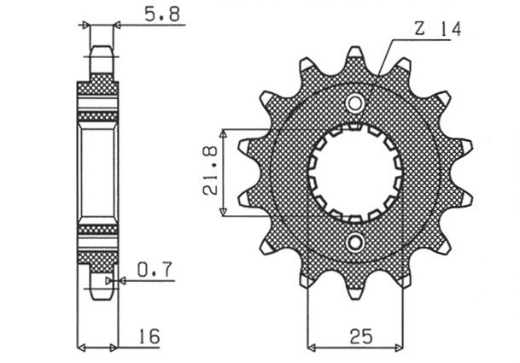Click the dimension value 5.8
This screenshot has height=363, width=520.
point(149,15)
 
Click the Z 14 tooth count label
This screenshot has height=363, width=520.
point(437,30)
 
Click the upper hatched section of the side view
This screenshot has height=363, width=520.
point(98,98)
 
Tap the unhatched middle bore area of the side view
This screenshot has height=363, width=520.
point(98,173)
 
